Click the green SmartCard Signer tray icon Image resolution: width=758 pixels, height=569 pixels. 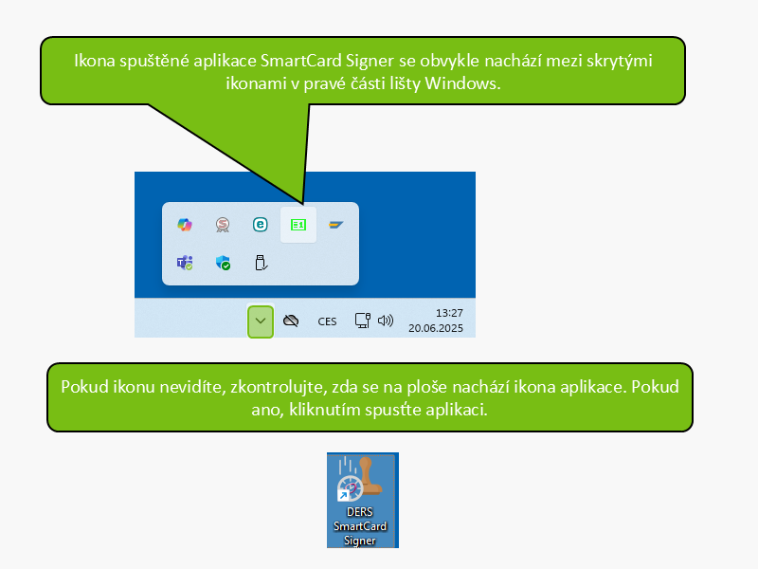pyautogui.click(x=298, y=225)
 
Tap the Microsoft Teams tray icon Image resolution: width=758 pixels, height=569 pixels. pyautogui.click(x=185, y=263)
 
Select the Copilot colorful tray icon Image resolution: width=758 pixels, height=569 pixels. pyautogui.click(x=185, y=225)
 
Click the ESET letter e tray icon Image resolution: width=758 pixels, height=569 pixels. pyautogui.click(x=260, y=225)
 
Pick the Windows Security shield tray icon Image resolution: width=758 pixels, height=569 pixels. pyautogui.click(x=223, y=263)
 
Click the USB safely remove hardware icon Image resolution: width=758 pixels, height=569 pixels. pyautogui.click(x=261, y=263)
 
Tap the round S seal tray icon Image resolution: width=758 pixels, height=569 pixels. pyautogui.click(x=223, y=225)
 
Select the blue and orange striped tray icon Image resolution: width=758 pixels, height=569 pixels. pyautogui.click(x=336, y=225)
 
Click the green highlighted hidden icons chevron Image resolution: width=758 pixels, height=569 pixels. pyautogui.click(x=261, y=321)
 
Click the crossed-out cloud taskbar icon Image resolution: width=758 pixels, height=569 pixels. pyautogui.click(x=291, y=321)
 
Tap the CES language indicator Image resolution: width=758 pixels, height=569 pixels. pyautogui.click(x=327, y=321)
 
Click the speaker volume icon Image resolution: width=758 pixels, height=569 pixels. pyautogui.click(x=386, y=321)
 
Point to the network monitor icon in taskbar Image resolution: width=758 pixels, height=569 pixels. pyautogui.click(x=363, y=321)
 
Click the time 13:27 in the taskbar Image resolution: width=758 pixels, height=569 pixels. pyautogui.click(x=449, y=313)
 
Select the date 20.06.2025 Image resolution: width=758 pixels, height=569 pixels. pyautogui.click(x=436, y=328)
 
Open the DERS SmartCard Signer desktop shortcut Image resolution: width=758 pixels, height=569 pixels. pyautogui.click(x=363, y=501)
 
